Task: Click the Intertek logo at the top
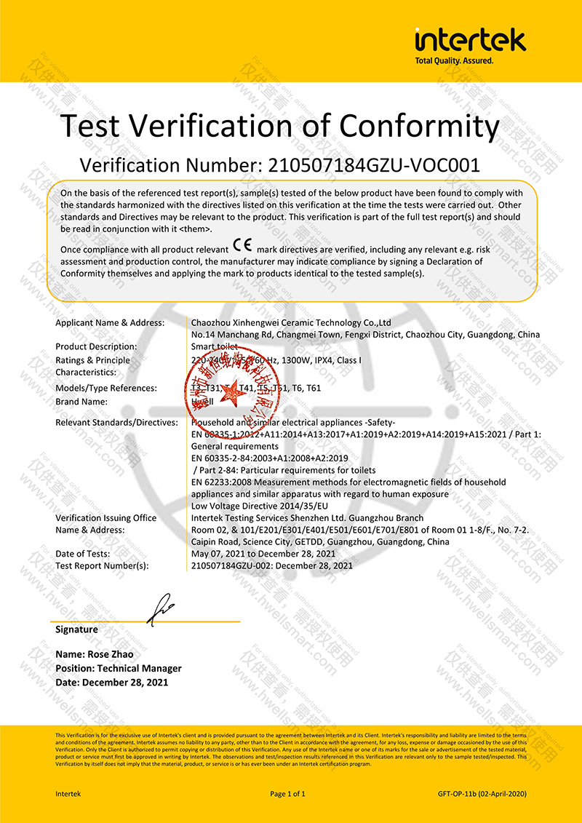point(470,39)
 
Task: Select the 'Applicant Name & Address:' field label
point(110,322)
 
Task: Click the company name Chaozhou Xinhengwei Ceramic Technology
point(291,322)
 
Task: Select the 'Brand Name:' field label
point(81,401)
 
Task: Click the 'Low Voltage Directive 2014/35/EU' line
point(260,506)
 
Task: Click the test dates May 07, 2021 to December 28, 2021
point(272,554)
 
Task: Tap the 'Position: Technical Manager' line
point(119,668)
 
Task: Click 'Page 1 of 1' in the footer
point(287,794)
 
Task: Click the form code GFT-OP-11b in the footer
point(458,794)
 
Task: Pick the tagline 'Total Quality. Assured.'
point(454,61)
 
